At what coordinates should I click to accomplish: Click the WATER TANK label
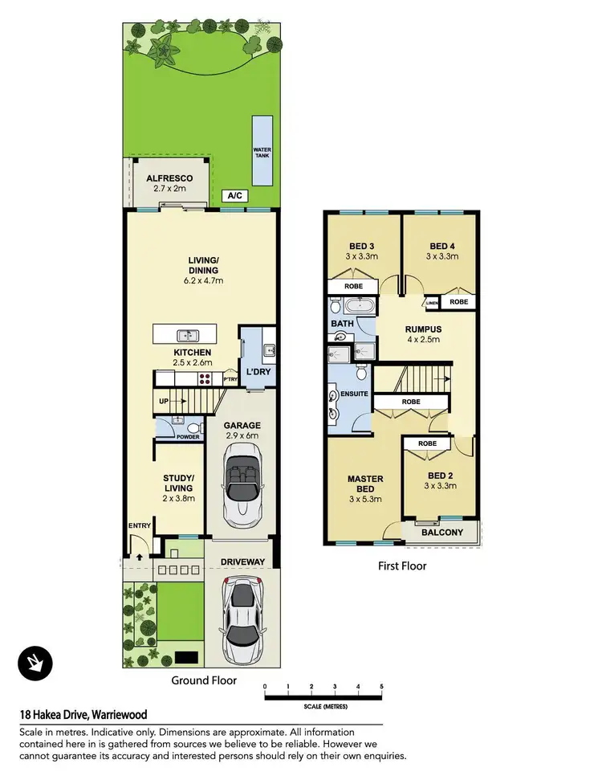tap(262, 152)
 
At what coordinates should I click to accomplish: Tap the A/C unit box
tap(234, 195)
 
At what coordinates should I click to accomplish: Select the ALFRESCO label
tap(166, 178)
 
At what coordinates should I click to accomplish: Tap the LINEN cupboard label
tap(432, 302)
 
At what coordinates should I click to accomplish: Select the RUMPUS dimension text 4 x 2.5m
tap(423, 339)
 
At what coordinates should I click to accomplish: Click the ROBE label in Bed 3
tap(354, 285)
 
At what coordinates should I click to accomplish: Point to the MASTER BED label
tap(365, 484)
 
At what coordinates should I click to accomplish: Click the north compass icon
tap(35, 662)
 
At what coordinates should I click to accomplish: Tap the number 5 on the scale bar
tap(382, 686)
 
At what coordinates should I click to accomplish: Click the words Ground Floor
tap(204, 680)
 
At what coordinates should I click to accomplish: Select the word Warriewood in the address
tap(119, 714)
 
